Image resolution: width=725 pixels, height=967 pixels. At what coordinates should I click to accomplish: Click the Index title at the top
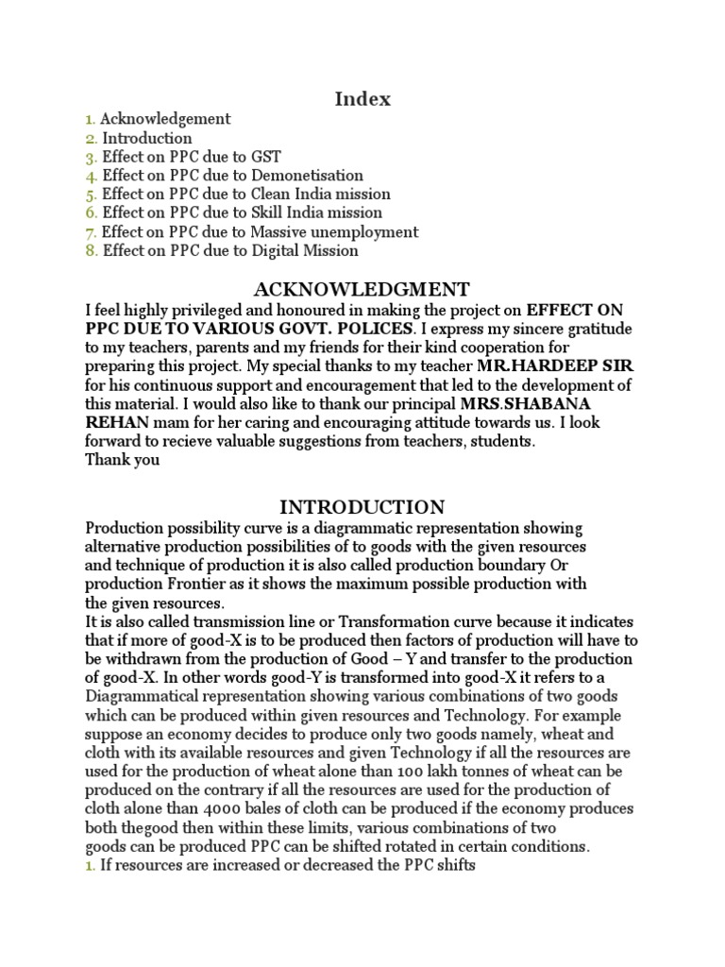coord(362,98)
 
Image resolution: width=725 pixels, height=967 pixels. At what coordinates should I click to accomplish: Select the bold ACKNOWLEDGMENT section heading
coord(362,288)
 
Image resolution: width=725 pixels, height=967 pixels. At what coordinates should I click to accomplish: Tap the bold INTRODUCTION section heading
coord(362,506)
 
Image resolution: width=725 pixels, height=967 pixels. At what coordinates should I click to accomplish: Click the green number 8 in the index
coord(90,251)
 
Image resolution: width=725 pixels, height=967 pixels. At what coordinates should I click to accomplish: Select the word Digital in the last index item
coord(277,251)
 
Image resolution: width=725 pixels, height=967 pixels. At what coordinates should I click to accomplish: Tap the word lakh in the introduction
coord(440,772)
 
